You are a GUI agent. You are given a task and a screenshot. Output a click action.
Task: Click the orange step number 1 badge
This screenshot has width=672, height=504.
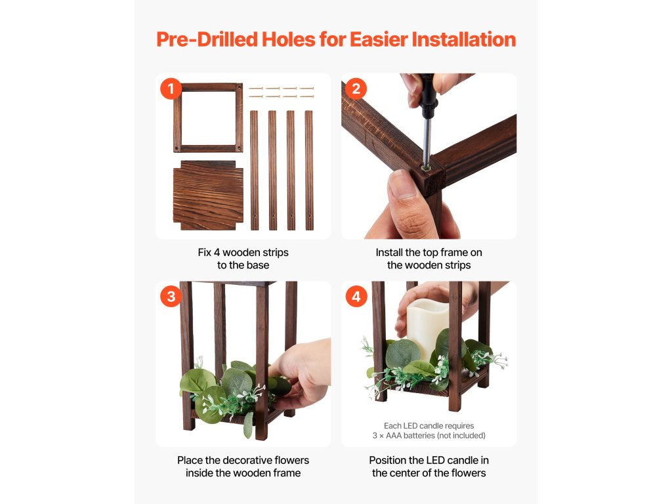pyautogui.click(x=171, y=89)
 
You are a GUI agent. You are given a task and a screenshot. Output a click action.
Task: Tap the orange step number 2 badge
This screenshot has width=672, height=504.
pyautogui.click(x=356, y=89)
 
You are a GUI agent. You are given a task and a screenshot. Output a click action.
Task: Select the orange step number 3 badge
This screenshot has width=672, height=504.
pyautogui.click(x=171, y=297)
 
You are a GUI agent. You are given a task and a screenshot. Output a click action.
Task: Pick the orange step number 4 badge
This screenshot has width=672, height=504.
pyautogui.click(x=356, y=297)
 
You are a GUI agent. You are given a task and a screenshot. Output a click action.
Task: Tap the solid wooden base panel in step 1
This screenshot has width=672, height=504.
pyautogui.click(x=208, y=196)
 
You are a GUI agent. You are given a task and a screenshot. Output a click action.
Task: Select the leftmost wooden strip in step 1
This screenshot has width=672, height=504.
pyautogui.click(x=254, y=171)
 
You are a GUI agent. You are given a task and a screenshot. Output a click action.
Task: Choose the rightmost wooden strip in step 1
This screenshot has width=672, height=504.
pyautogui.click(x=309, y=171)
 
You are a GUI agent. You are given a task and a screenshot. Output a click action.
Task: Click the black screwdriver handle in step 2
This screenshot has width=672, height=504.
pyautogui.click(x=428, y=96)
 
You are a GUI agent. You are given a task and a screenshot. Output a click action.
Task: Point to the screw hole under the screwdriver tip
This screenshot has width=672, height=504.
pyautogui.click(x=425, y=167)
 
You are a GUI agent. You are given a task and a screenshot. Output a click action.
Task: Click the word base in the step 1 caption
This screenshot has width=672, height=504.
pyautogui.click(x=257, y=265)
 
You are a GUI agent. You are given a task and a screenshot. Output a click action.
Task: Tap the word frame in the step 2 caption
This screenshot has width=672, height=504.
pyautogui.click(x=455, y=253)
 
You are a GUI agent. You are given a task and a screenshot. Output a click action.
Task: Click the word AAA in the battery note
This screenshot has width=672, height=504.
pyautogui.click(x=394, y=436)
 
